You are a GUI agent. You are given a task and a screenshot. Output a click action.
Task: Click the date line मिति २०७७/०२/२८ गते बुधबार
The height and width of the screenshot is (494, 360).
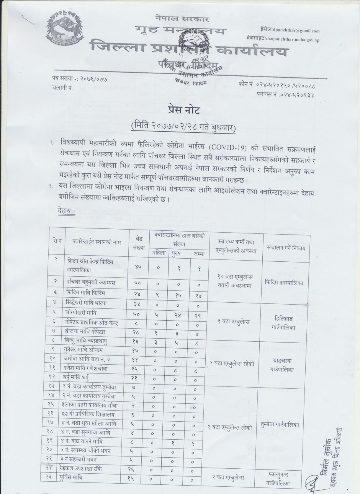(x=180, y=127)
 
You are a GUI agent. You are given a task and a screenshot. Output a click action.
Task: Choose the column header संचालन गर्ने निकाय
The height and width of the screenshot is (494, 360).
(x=286, y=248)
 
